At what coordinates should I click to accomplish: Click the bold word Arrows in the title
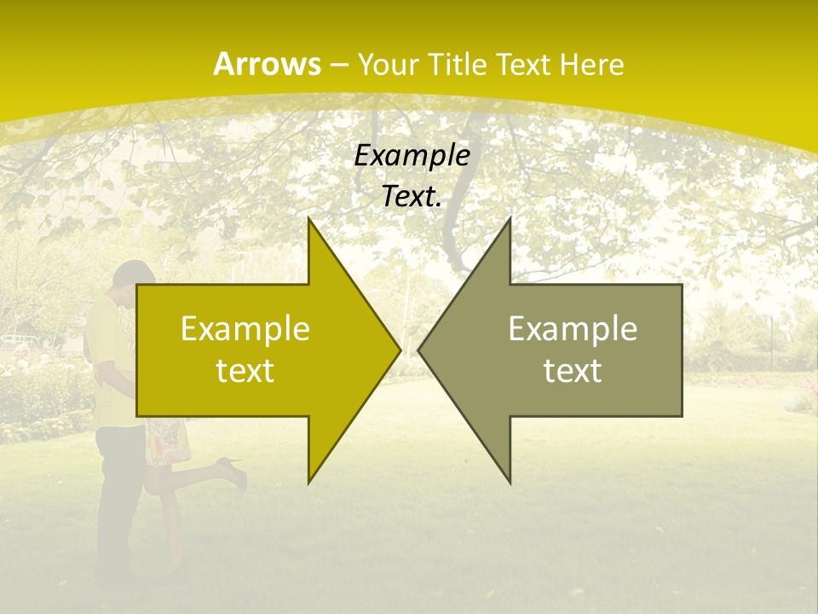pyautogui.click(x=267, y=64)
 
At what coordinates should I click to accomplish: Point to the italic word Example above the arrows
pyautogui.click(x=412, y=155)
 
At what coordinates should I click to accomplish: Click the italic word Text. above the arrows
pyautogui.click(x=412, y=196)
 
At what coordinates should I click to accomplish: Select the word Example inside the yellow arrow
pyautogui.click(x=245, y=329)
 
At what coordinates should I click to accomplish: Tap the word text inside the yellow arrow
pyautogui.click(x=245, y=370)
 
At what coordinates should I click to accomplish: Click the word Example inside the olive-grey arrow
pyautogui.click(x=573, y=329)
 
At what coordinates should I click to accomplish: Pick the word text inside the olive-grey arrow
pyautogui.click(x=573, y=370)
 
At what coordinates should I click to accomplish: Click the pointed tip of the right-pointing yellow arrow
pyautogui.click(x=399, y=350)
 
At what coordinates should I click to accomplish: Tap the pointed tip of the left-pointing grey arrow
pyautogui.click(x=419, y=350)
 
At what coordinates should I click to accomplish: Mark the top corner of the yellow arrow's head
pyautogui.click(x=309, y=220)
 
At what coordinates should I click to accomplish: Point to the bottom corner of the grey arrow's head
pyautogui.click(x=510, y=481)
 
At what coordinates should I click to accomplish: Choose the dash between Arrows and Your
pyautogui.click(x=338, y=65)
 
